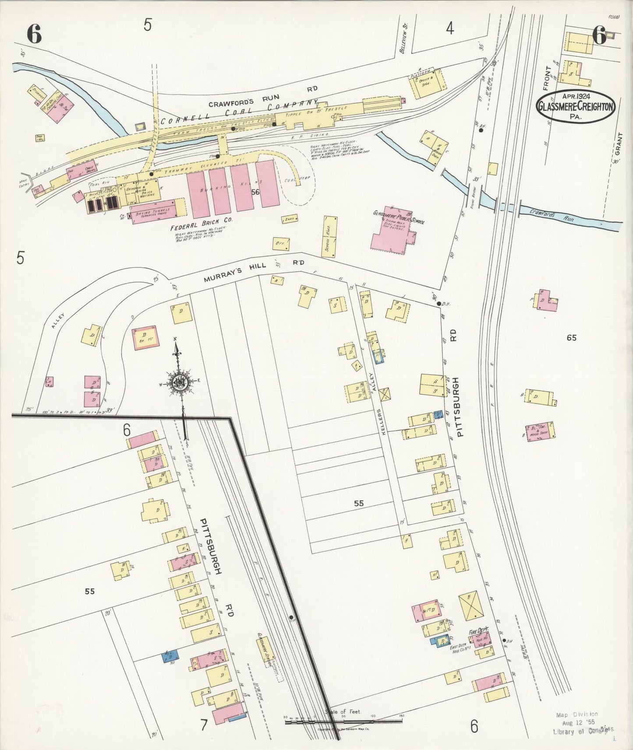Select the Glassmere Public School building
[391, 230]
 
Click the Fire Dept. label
[478, 632]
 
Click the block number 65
[571, 337]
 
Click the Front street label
[546, 81]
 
